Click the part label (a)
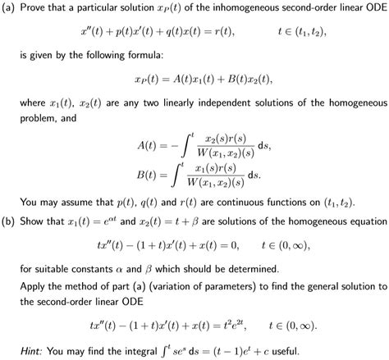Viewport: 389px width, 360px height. pos(10,9)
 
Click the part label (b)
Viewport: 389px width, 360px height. pos(10,221)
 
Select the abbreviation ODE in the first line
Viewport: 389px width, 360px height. pos(373,9)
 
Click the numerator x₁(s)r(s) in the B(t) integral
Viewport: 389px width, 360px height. pos(217,166)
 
